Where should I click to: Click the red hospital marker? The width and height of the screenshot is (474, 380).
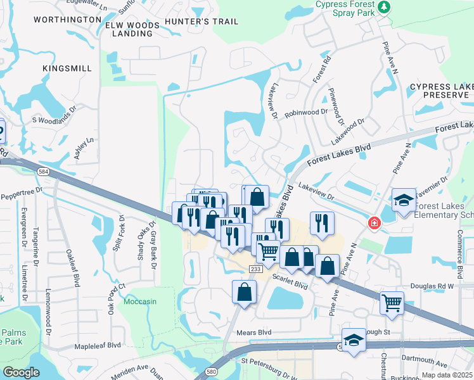[374, 223]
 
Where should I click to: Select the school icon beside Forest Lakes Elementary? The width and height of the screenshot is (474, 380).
[403, 201]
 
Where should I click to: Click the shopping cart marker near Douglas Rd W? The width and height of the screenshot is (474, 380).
[392, 303]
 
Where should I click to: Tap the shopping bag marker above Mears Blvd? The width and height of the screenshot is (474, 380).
[244, 292]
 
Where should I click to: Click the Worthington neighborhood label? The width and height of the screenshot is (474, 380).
[67, 20]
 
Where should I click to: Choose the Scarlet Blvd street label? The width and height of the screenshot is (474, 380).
[290, 277]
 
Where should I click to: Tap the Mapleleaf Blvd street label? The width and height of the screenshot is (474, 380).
[97, 346]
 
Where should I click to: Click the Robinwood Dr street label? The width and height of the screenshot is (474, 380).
[306, 111]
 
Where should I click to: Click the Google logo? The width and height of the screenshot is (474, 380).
[21, 372]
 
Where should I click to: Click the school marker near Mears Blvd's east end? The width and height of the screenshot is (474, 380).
[354, 339]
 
